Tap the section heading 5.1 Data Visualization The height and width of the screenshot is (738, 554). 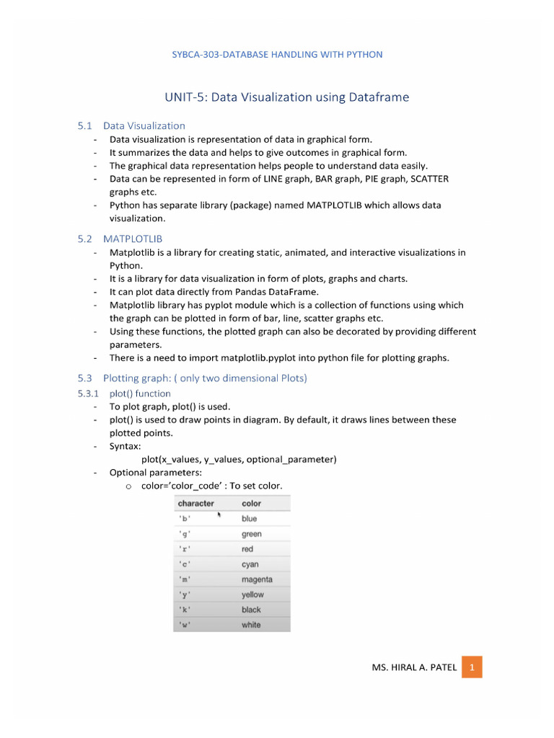(x=131, y=125)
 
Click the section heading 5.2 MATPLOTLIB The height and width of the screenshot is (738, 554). (x=126, y=238)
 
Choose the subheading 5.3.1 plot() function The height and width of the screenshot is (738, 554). (x=124, y=394)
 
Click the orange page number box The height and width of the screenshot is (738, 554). (x=472, y=667)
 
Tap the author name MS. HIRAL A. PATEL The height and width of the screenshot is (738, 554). (x=414, y=667)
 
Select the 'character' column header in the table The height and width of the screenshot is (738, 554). (x=196, y=503)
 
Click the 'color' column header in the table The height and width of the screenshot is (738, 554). (x=252, y=503)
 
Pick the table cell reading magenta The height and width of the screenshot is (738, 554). (x=257, y=579)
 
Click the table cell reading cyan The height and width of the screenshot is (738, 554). (x=250, y=564)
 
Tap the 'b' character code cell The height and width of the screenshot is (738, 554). (x=185, y=519)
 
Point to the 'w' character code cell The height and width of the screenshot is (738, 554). (x=185, y=625)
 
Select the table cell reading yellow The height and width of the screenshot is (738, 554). (x=252, y=595)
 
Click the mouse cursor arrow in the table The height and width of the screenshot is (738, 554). (x=218, y=515)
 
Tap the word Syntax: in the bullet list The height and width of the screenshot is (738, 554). (x=126, y=446)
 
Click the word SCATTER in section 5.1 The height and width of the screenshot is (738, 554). (x=428, y=178)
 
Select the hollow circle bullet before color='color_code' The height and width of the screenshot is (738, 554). (x=128, y=486)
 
